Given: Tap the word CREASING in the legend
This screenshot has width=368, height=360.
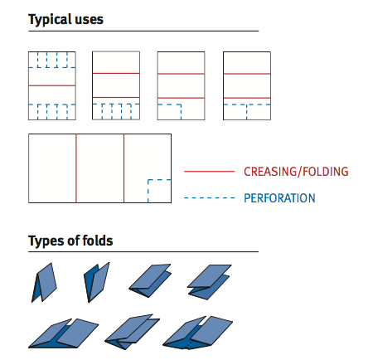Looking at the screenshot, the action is [269, 172].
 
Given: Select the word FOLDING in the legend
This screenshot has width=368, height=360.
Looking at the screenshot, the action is [326, 172].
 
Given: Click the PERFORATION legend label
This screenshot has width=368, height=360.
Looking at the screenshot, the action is [279, 198].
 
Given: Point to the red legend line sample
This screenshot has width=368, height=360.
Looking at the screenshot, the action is [209, 172].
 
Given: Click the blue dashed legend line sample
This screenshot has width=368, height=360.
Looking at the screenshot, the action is [209, 198].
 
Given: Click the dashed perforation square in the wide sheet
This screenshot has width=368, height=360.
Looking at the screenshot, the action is [148, 191].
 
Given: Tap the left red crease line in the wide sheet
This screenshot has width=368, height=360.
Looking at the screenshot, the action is [76, 168].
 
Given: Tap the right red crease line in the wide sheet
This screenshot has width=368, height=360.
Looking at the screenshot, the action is [123, 168].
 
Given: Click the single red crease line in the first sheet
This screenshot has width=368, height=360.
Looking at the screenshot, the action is [52, 85].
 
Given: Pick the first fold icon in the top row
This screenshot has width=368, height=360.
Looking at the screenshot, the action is [44, 283].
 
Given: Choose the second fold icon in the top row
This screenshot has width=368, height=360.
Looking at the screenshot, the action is [96, 282].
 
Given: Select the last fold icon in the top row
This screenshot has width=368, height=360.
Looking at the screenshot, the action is [209, 282].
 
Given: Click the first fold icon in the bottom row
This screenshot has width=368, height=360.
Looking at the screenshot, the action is [63, 333].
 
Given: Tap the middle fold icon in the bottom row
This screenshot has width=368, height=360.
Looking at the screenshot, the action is [132, 332].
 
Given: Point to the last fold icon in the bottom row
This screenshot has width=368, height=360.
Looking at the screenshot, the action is [198, 333].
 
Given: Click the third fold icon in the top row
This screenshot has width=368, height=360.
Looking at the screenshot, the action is [150, 281].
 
